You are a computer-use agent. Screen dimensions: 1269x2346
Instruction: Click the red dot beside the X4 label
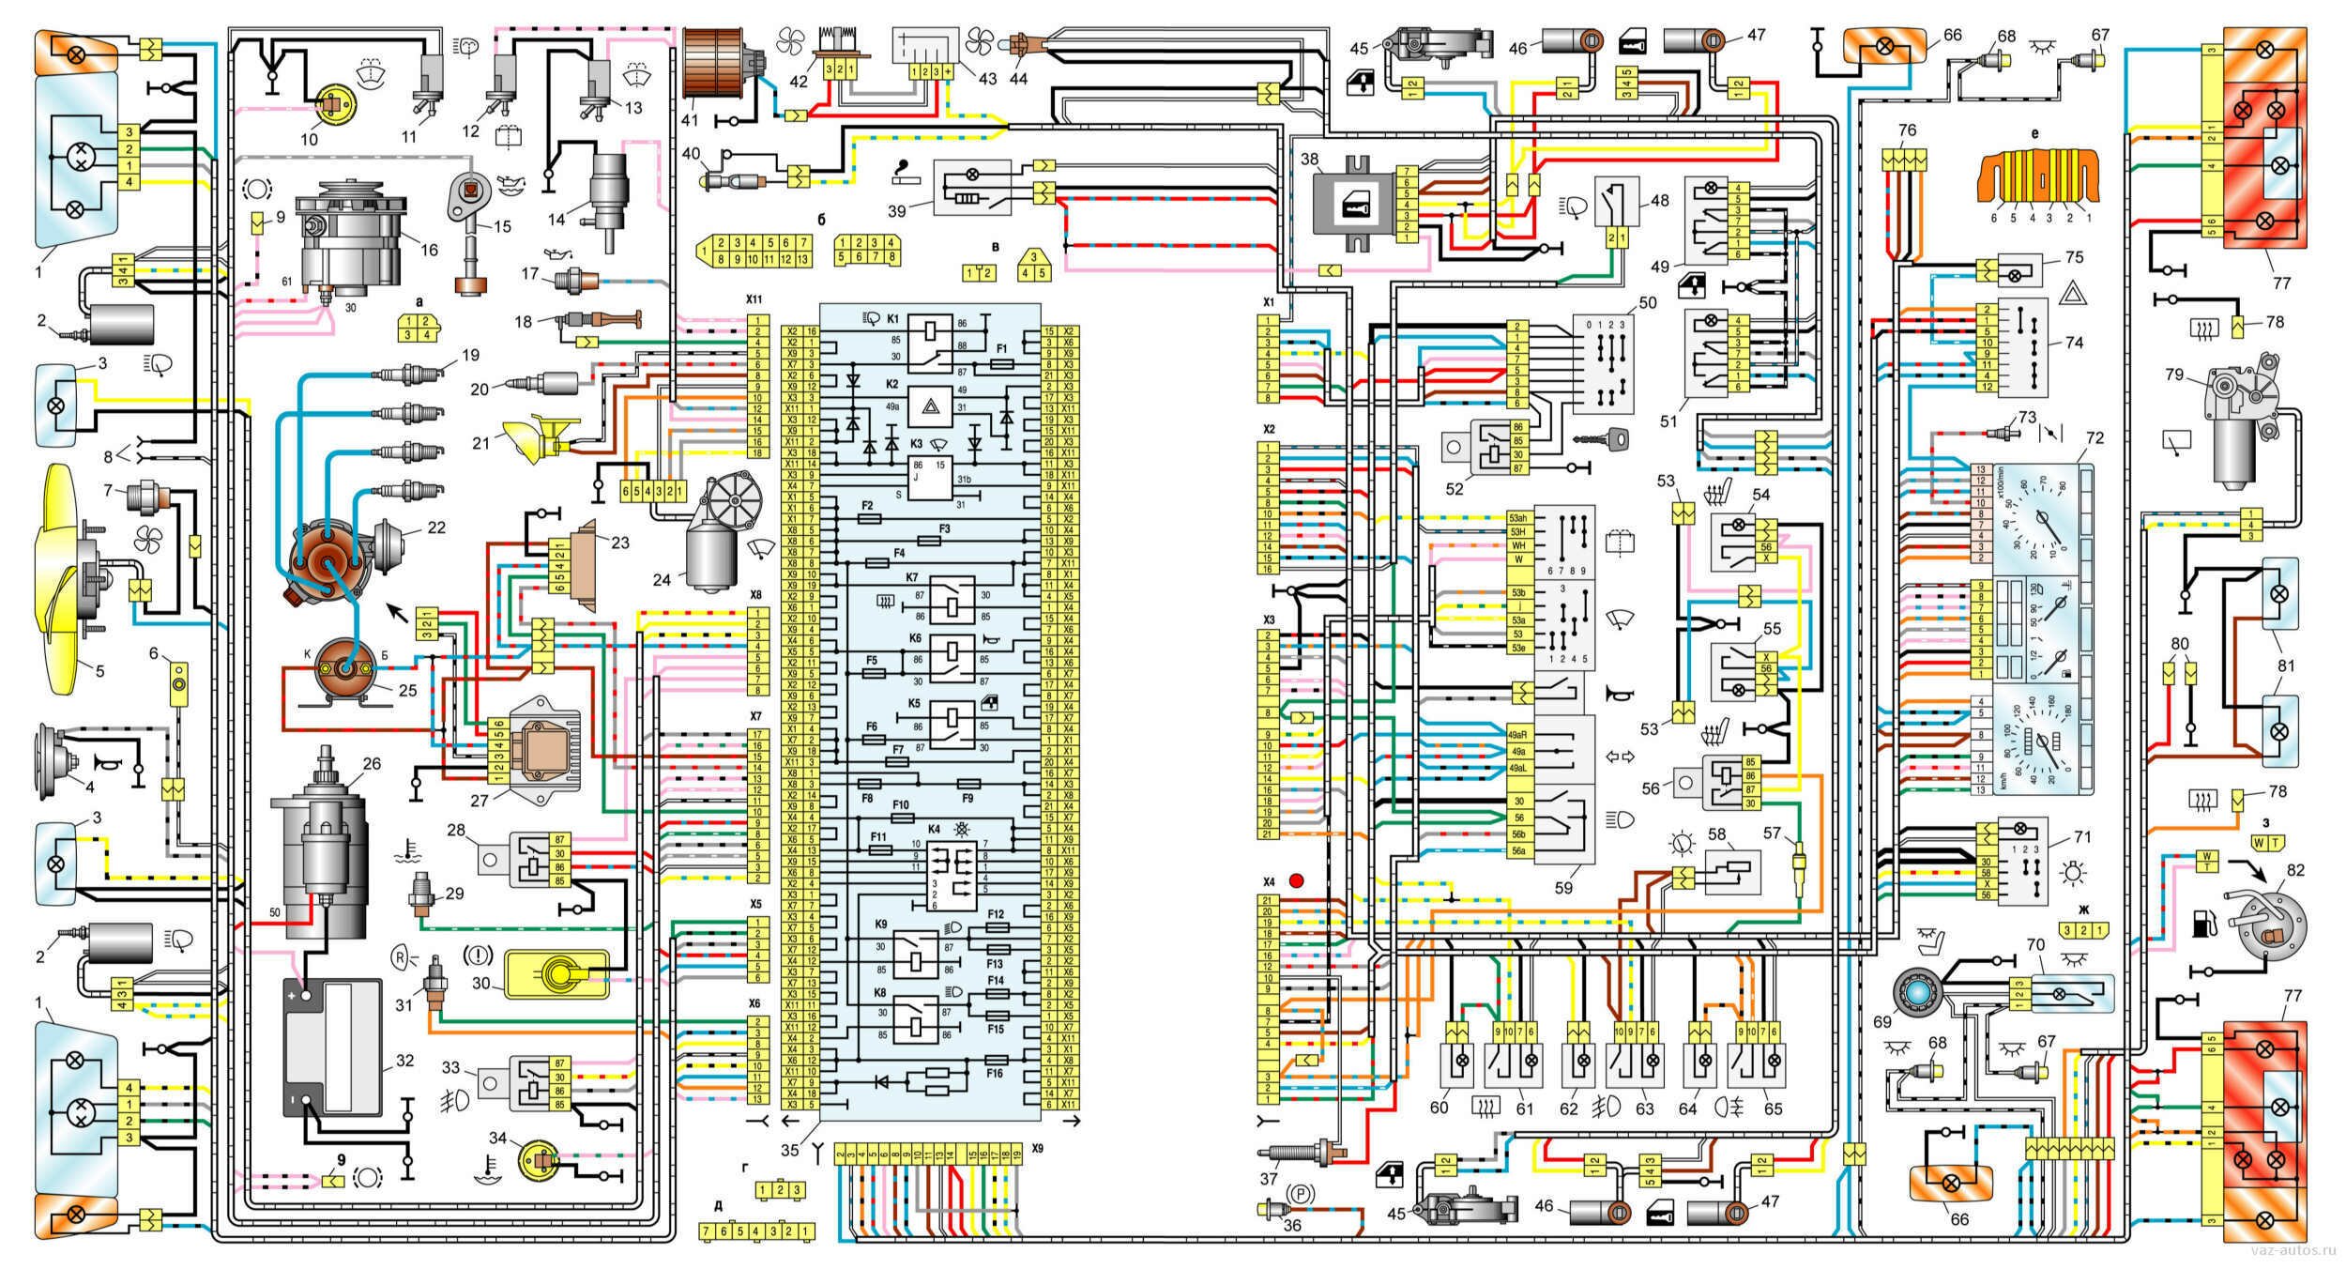(1297, 881)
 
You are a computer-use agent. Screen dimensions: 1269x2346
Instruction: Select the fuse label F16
(995, 1072)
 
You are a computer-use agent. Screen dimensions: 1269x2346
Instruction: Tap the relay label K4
(934, 830)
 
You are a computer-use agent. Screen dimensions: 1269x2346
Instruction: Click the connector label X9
(1036, 1148)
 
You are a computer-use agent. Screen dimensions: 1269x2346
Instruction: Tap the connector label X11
(754, 299)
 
